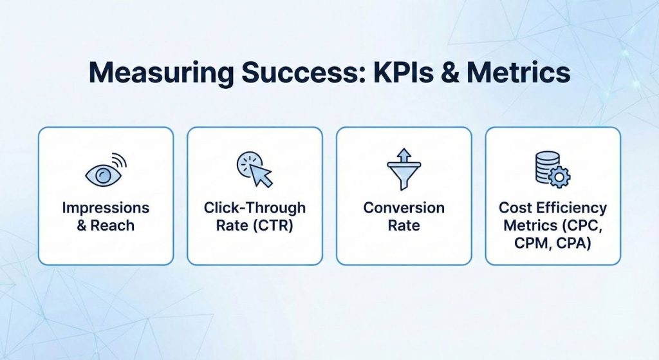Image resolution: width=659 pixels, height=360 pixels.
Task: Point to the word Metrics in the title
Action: (518, 73)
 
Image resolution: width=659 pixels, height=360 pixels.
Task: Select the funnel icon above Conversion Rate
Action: (404, 171)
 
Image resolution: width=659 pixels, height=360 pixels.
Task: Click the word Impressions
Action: (106, 209)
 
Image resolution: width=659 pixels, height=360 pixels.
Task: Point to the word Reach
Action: (115, 226)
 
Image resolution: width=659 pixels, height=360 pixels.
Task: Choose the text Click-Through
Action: (255, 208)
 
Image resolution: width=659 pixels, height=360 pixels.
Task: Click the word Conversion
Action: (404, 208)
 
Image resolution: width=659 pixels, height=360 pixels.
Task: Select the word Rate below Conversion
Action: (404, 225)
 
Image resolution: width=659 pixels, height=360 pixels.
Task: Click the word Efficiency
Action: (571, 208)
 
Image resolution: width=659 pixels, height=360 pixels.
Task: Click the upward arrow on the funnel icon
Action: (404, 156)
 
